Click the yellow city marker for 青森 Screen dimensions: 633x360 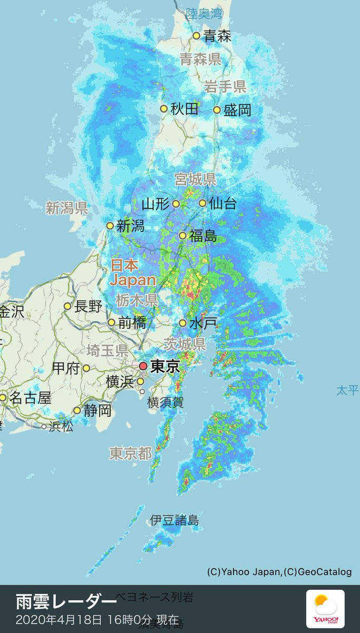pyautogui.click(x=196, y=36)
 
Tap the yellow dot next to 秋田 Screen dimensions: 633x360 pyautogui.click(x=164, y=109)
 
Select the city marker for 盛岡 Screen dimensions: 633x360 pyautogui.click(x=217, y=110)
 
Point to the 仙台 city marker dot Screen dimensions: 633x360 pyautogui.click(x=202, y=203)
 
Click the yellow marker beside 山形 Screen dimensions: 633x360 pyautogui.click(x=176, y=204)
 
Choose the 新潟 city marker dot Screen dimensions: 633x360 pyautogui.click(x=110, y=226)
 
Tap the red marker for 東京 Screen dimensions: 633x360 pyautogui.click(x=143, y=366)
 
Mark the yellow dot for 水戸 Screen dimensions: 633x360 pyautogui.click(x=182, y=323)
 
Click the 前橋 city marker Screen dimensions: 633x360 pyautogui.click(x=111, y=322)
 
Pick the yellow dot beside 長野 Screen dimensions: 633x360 pyautogui.click(x=67, y=306)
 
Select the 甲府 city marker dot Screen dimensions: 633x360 pyautogui.click(x=86, y=368)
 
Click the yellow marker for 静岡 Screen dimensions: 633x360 pyautogui.click(x=77, y=410)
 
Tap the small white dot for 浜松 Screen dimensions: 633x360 pyautogui.click(x=44, y=426)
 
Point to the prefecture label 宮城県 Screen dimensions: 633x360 pyautogui.click(x=196, y=180)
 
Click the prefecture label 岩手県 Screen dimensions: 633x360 pyautogui.click(x=225, y=87)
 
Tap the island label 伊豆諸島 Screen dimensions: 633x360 pyautogui.click(x=174, y=521)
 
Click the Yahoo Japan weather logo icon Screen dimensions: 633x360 pyautogui.click(x=325, y=609)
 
